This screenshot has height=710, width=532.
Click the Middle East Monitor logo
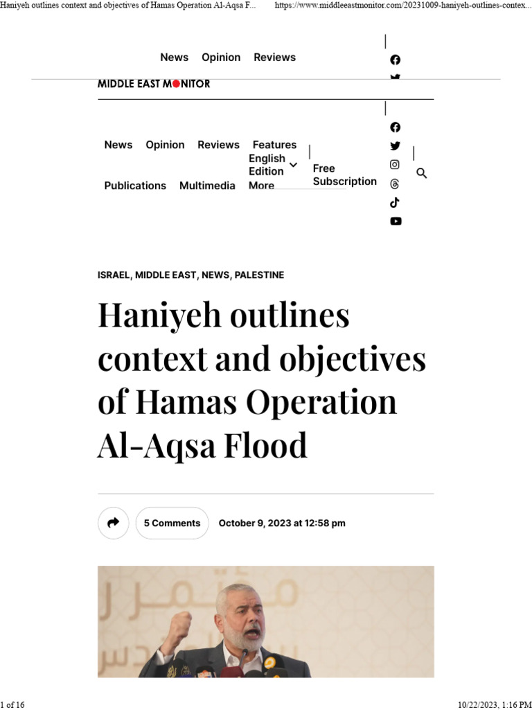(153, 84)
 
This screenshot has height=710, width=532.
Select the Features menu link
(274, 145)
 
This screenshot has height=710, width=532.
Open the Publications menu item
(135, 186)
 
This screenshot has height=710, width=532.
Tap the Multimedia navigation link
(207, 186)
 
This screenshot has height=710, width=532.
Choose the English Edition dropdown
(272, 165)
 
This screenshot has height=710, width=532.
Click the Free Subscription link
(344, 175)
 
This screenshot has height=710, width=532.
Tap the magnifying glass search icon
(421, 173)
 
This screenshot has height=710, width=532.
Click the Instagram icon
(395, 165)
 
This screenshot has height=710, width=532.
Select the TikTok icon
(395, 202)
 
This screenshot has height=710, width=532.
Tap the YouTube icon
(395, 221)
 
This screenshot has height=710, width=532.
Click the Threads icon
(395, 184)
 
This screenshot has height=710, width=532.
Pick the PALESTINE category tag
(259, 275)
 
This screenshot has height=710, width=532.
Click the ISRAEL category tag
(114, 275)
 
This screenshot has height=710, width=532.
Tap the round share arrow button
(113, 523)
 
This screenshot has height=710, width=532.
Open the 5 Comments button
(172, 523)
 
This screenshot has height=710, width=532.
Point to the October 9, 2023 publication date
(281, 523)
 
